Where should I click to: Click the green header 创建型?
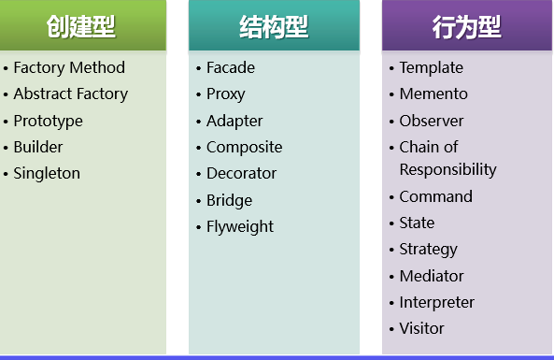[x=82, y=26]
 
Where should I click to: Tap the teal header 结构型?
[x=274, y=26]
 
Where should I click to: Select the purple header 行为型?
[x=466, y=26]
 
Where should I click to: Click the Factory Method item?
[x=69, y=67]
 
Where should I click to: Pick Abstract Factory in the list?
[x=71, y=94]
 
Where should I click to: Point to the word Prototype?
[x=48, y=121]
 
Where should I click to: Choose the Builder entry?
[x=38, y=147]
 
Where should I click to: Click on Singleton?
[x=47, y=173]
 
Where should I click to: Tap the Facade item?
[x=231, y=67]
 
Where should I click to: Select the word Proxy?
[x=227, y=94]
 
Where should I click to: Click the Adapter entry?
[x=234, y=121]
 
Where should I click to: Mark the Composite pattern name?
[x=244, y=147]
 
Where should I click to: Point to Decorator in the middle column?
[x=242, y=173]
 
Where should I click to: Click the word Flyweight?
[x=240, y=226]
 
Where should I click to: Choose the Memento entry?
[x=433, y=94]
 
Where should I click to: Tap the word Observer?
[x=432, y=121]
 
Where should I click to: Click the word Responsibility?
[x=447, y=169]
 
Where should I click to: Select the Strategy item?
[x=428, y=249]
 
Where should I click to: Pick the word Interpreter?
[x=436, y=302]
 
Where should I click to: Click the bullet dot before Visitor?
[x=391, y=329]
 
